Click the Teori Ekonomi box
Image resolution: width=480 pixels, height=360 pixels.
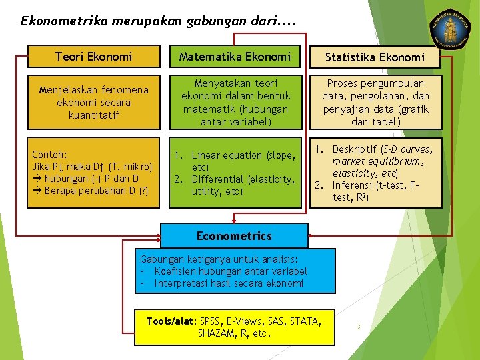(x=94, y=57)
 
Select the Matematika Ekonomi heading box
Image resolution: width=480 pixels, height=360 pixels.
(x=235, y=57)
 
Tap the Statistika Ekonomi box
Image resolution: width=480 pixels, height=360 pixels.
(x=375, y=58)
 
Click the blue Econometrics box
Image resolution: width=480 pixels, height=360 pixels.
(x=234, y=236)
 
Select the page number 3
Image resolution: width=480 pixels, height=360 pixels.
(x=359, y=327)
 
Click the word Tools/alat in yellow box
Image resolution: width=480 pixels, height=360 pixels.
(x=171, y=321)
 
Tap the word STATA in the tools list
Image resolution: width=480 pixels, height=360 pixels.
(x=305, y=321)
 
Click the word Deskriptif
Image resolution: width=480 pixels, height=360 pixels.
(x=359, y=149)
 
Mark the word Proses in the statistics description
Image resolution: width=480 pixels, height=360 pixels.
(x=341, y=83)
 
